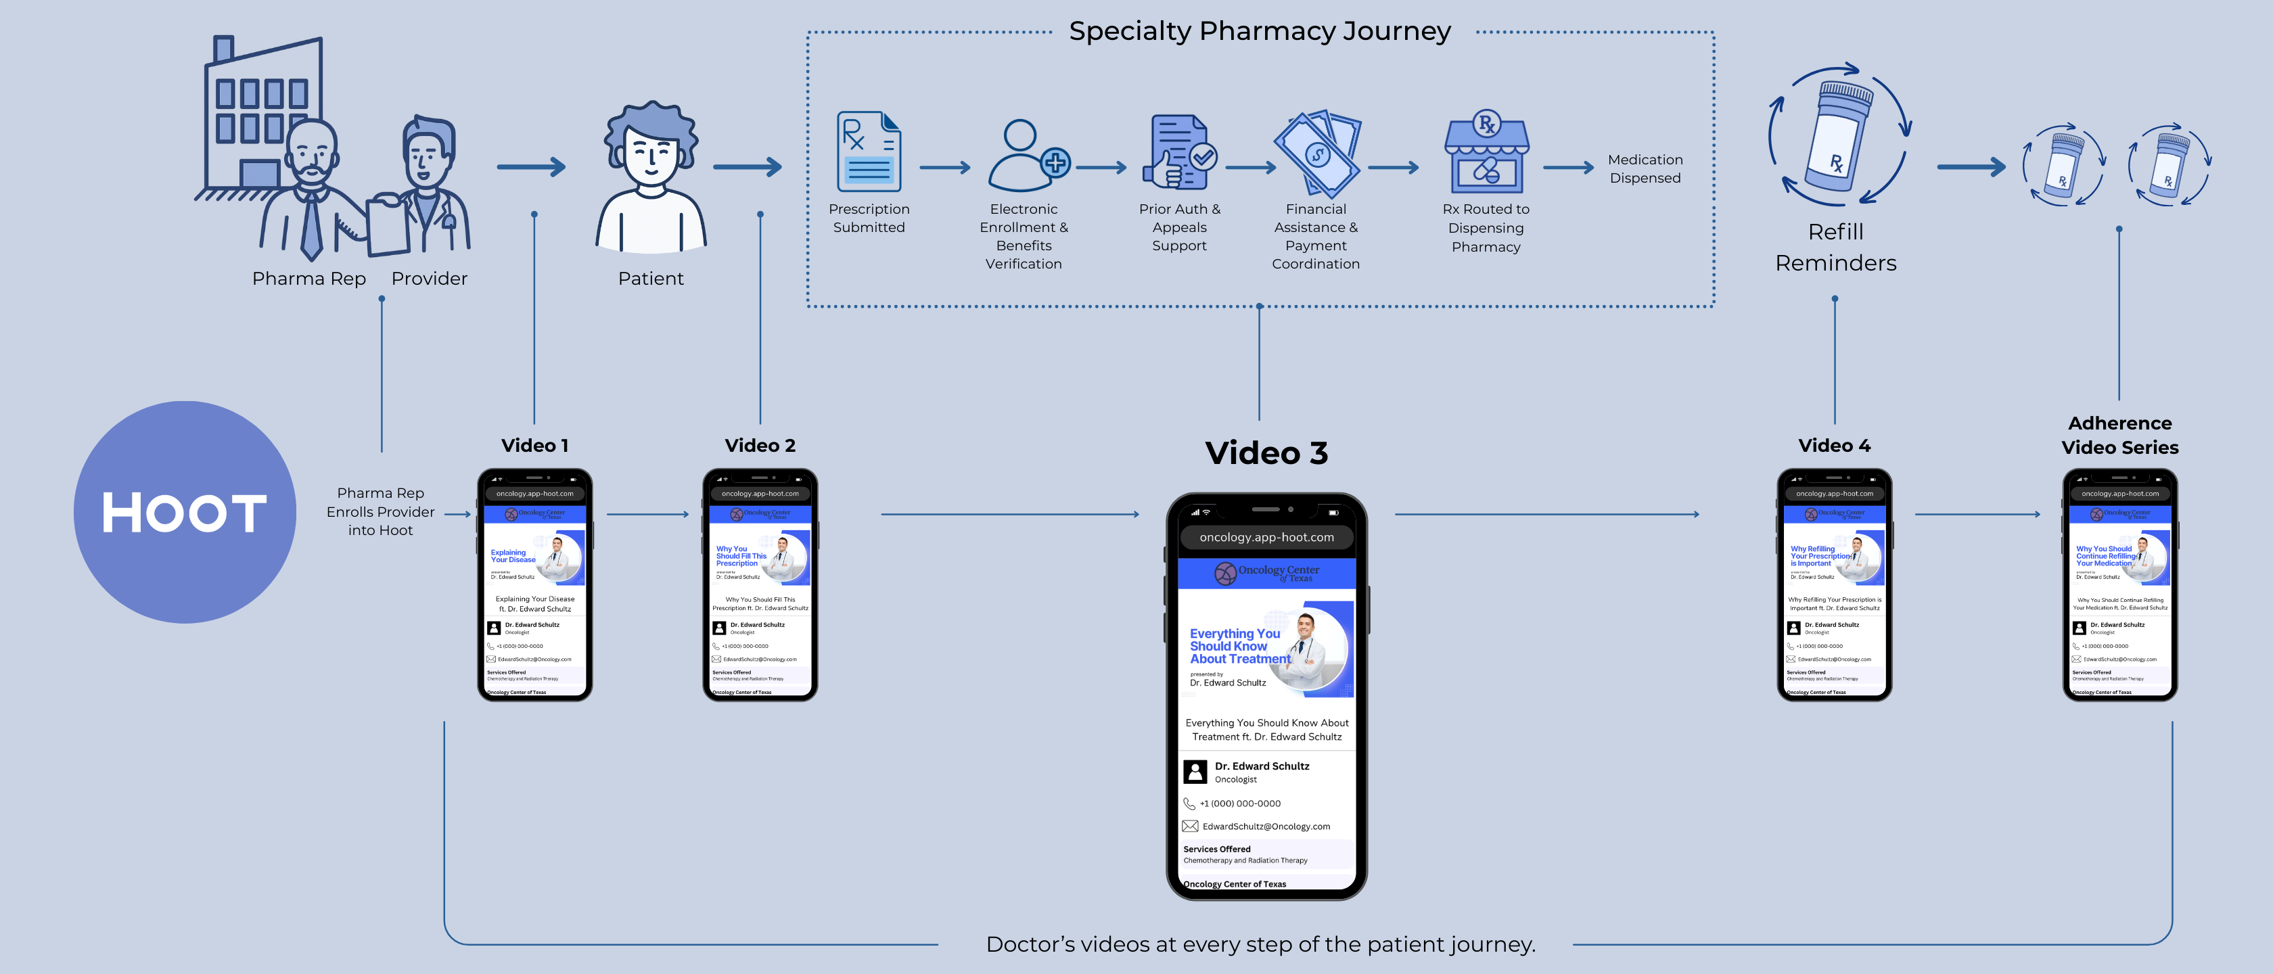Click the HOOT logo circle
click(x=185, y=512)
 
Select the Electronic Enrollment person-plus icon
click(x=1026, y=156)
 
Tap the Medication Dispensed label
click(x=1645, y=168)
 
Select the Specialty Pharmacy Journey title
click(x=1259, y=32)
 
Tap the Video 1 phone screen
click(x=534, y=591)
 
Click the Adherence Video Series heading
click(x=2119, y=435)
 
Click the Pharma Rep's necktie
click(x=311, y=225)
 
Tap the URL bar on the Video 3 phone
click(x=1266, y=537)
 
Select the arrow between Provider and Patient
click(x=531, y=167)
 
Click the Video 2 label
click(x=760, y=446)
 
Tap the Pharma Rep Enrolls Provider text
click(x=380, y=512)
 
